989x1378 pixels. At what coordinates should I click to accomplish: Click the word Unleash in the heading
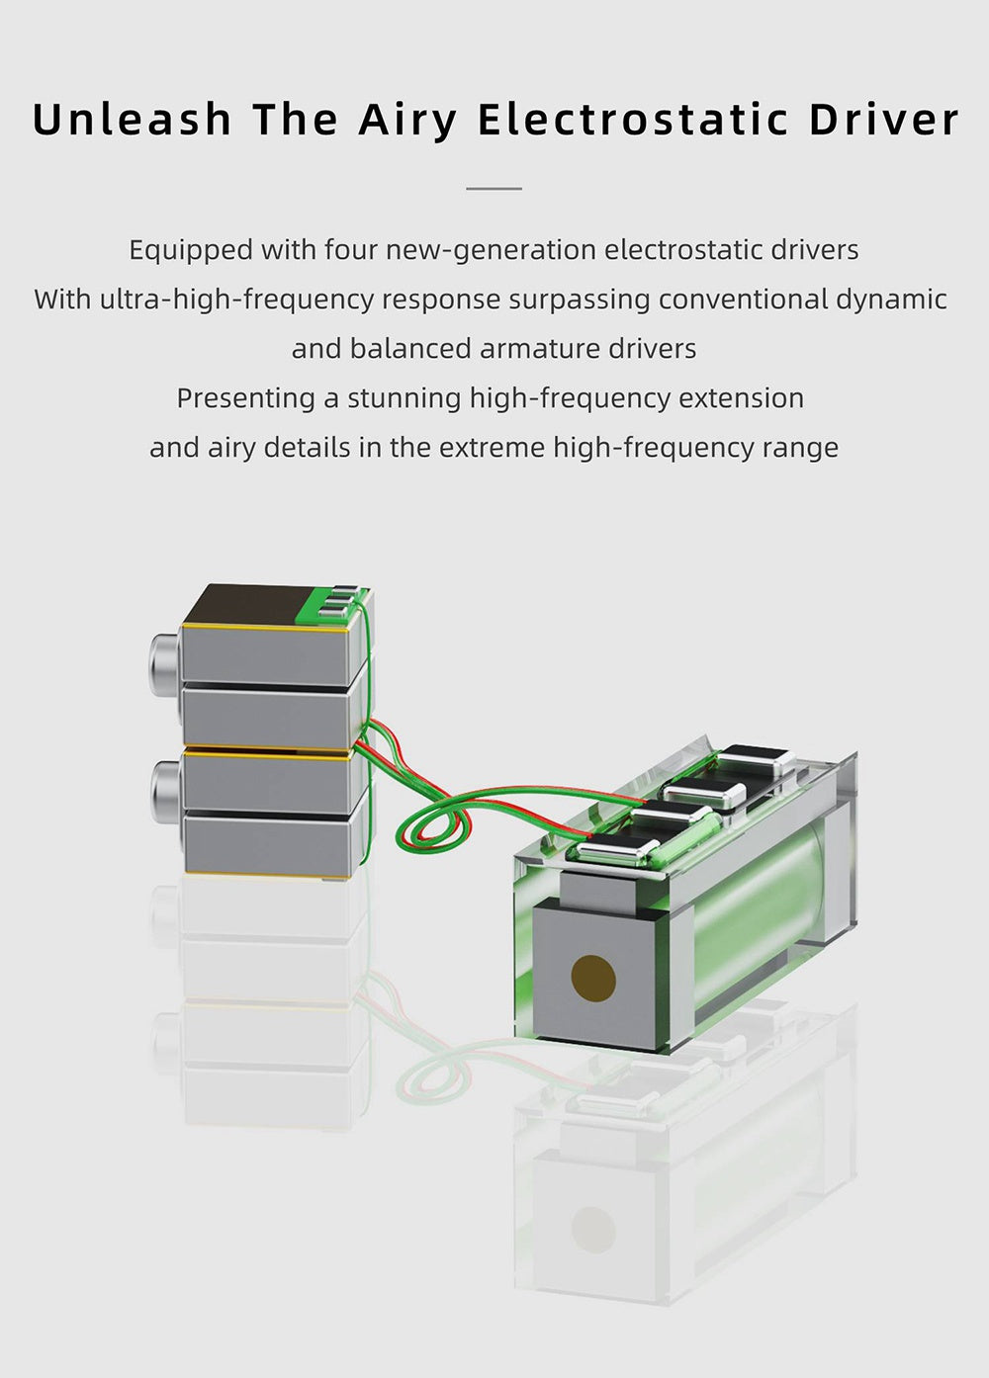[132, 119]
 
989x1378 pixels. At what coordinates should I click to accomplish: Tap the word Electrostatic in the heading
[633, 119]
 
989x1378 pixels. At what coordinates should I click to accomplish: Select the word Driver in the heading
[884, 119]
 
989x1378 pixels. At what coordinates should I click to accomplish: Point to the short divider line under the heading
[494, 188]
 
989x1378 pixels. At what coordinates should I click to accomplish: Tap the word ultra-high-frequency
[237, 301]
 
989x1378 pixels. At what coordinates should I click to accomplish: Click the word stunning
[405, 399]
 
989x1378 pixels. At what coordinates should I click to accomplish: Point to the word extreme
[492, 448]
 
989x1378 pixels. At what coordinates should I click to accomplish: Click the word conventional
[743, 301]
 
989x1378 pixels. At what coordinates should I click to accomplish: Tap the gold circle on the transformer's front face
[593, 978]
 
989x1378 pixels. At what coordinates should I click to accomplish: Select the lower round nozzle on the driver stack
[165, 788]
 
